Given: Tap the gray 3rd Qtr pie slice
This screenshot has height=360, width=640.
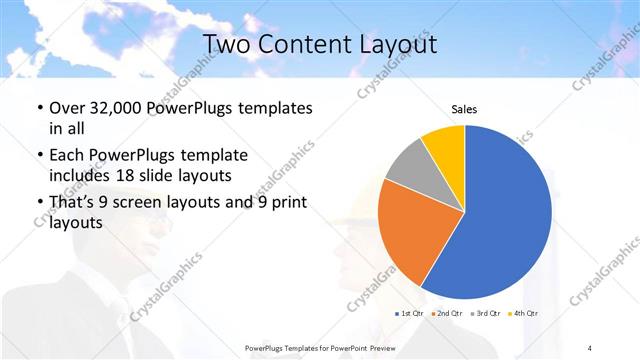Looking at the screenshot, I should pos(408,167).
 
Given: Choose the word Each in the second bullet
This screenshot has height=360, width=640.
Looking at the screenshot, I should pos(66,155).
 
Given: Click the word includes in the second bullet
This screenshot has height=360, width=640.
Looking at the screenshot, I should pos(79,177).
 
